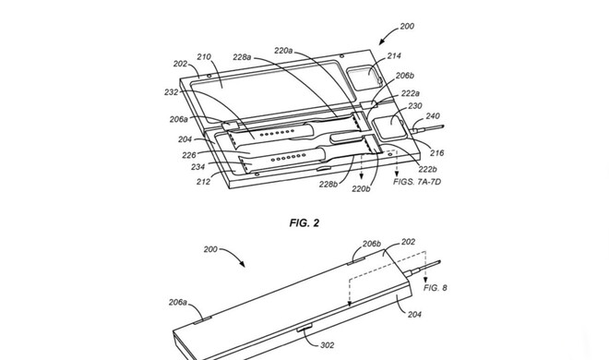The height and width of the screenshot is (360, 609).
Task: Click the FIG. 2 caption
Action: click(304, 222)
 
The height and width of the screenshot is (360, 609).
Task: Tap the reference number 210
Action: click(204, 57)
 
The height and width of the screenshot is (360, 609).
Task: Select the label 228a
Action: click(242, 57)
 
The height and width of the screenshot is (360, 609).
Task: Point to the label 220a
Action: click(283, 51)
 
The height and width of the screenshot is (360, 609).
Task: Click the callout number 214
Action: click(394, 56)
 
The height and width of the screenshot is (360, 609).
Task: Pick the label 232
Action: click(172, 92)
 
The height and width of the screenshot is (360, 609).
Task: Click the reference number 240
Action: click(433, 115)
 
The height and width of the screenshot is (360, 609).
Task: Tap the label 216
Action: click(437, 153)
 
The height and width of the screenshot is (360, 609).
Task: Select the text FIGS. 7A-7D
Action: click(417, 182)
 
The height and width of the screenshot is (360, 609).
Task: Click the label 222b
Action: click(428, 169)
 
